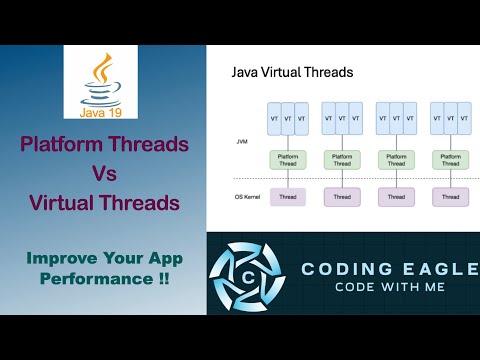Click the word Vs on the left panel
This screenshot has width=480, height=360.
[x=104, y=172]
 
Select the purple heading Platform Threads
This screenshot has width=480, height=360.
[x=104, y=143]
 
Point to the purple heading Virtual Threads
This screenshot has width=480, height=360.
[x=104, y=202]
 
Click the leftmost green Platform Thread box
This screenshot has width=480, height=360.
[x=288, y=159]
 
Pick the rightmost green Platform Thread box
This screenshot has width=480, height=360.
[x=450, y=159]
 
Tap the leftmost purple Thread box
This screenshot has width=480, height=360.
[x=288, y=197]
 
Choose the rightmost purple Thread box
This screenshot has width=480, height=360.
[x=450, y=197]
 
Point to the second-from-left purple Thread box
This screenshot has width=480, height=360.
[x=342, y=197]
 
